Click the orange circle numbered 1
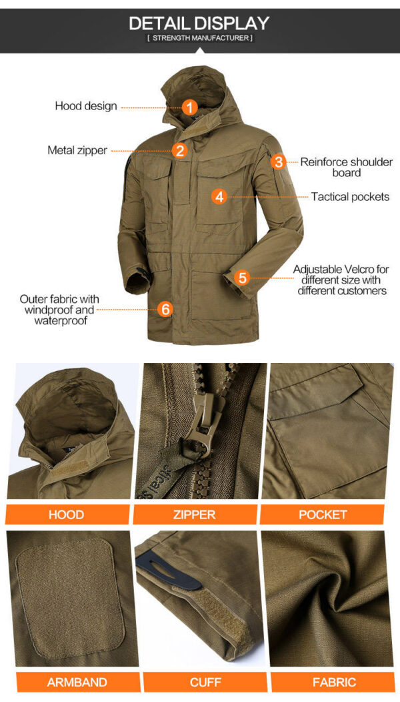[x=190, y=107]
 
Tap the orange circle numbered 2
[x=179, y=150]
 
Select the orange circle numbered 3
[x=278, y=161]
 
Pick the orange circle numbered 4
[x=219, y=196]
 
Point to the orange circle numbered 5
[x=242, y=278]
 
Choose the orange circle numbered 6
[x=165, y=309]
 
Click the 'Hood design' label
[x=86, y=106]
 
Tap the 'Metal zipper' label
[x=77, y=150]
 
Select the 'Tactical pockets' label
[x=351, y=197]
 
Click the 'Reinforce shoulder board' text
[x=346, y=167]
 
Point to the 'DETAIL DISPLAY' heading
[x=199, y=23]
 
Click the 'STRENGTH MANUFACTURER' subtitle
[x=199, y=38]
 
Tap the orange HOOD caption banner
[x=67, y=514]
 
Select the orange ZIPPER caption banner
[x=195, y=514]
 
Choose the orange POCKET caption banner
[x=322, y=514]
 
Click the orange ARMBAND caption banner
[x=77, y=682]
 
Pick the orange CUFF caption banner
[x=205, y=682]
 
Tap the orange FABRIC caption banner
[x=334, y=682]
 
